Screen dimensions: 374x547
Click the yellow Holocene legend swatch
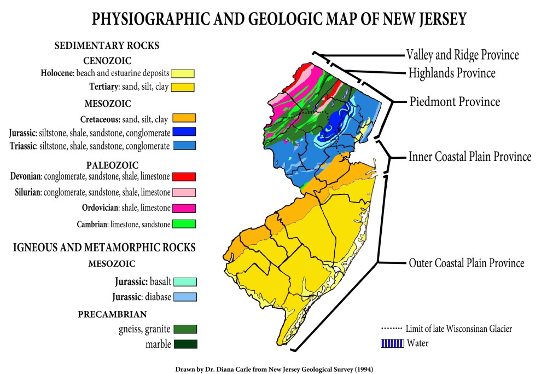coord(183,73)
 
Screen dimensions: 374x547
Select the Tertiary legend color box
coord(183,87)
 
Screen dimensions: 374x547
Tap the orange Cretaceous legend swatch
coord(184,118)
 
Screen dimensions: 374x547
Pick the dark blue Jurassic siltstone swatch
coord(184,132)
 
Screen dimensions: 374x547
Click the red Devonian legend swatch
coord(184,176)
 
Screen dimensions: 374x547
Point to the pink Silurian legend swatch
coord(184,192)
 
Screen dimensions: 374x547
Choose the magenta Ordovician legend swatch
coord(184,208)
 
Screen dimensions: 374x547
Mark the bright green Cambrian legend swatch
coord(184,224)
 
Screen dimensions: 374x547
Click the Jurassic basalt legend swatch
coord(185,282)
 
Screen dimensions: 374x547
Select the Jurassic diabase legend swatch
coord(185,297)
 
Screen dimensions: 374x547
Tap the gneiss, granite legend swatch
coord(185,329)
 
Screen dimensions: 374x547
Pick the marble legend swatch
coord(185,344)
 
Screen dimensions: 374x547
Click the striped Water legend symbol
coord(392,343)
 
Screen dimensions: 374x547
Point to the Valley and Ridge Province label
coord(462,55)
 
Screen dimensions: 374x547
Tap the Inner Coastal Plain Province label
coord(470,157)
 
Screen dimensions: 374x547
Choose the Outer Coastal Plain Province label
coord(467,263)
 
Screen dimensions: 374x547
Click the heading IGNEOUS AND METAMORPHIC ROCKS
coord(104,248)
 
